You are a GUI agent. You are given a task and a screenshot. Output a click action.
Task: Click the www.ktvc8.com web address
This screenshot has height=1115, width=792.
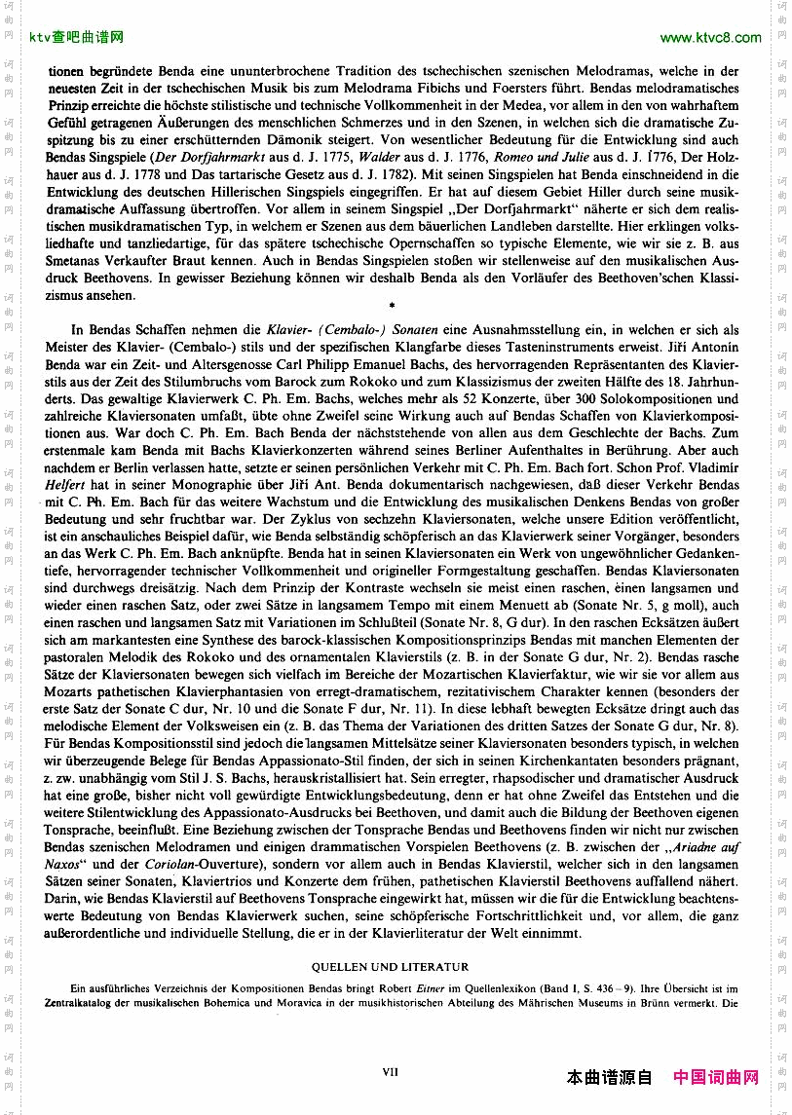(x=710, y=38)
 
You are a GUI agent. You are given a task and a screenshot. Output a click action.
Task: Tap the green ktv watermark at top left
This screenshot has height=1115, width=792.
(x=76, y=38)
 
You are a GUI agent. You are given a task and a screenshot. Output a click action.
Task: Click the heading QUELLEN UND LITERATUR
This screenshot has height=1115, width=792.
(x=390, y=967)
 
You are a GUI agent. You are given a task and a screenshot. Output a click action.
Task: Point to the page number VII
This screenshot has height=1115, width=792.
(x=391, y=1071)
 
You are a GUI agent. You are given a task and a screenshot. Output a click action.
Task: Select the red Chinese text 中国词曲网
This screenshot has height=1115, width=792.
(x=716, y=1077)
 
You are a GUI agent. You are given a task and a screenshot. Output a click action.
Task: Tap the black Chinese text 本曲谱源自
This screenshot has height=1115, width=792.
(x=610, y=1077)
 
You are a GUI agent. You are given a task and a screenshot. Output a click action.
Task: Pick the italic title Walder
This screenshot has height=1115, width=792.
(x=377, y=156)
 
